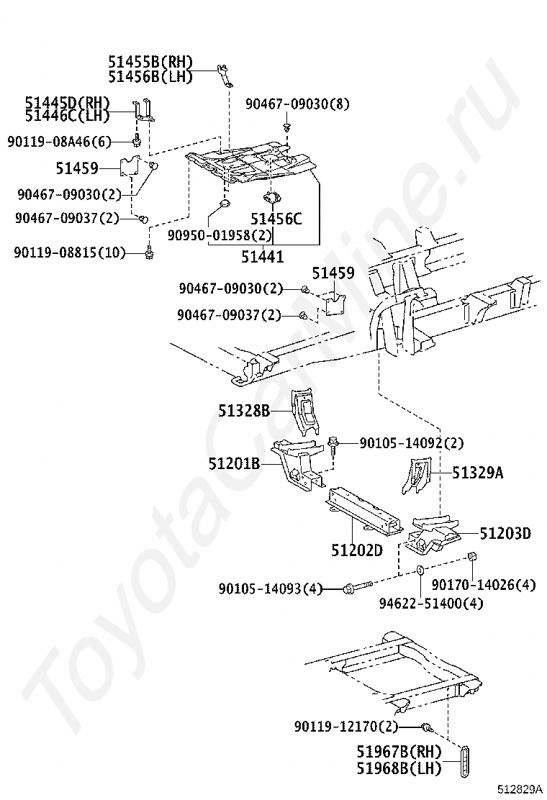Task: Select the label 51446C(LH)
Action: coord(67,115)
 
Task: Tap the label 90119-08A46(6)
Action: coord(60,142)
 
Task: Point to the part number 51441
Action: coord(262,256)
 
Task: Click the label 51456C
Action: coord(276,219)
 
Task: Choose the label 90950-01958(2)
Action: coord(220,235)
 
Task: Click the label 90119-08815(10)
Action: coord(71,252)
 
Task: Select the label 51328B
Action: coord(244,411)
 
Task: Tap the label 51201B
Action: coord(235,464)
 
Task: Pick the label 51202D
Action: coord(356,550)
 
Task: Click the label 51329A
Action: coord(478,473)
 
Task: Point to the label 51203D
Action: coord(505,533)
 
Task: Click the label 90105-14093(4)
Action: coord(271,588)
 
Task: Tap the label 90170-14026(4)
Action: coord(484,584)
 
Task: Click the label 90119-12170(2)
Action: coord(346,727)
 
